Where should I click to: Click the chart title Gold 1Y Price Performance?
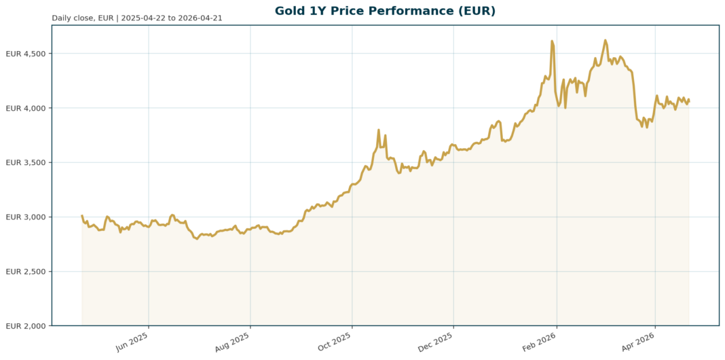tap(385, 11)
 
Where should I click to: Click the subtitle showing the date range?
tap(136, 18)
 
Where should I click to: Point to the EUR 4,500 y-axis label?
tap(25, 54)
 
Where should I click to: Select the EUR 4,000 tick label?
tap(25, 108)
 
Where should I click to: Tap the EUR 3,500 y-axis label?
tap(25, 163)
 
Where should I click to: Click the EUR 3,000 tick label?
tap(25, 217)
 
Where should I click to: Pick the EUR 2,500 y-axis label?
tap(25, 272)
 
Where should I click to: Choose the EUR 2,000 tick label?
tap(25, 326)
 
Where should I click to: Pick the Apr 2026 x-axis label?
tap(640, 342)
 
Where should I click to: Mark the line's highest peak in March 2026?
tap(606, 40)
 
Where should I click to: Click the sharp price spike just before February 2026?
tap(552, 41)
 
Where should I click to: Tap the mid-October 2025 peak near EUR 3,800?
tap(378, 130)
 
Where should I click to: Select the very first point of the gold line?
tap(82, 216)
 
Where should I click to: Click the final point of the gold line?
tap(689, 100)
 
